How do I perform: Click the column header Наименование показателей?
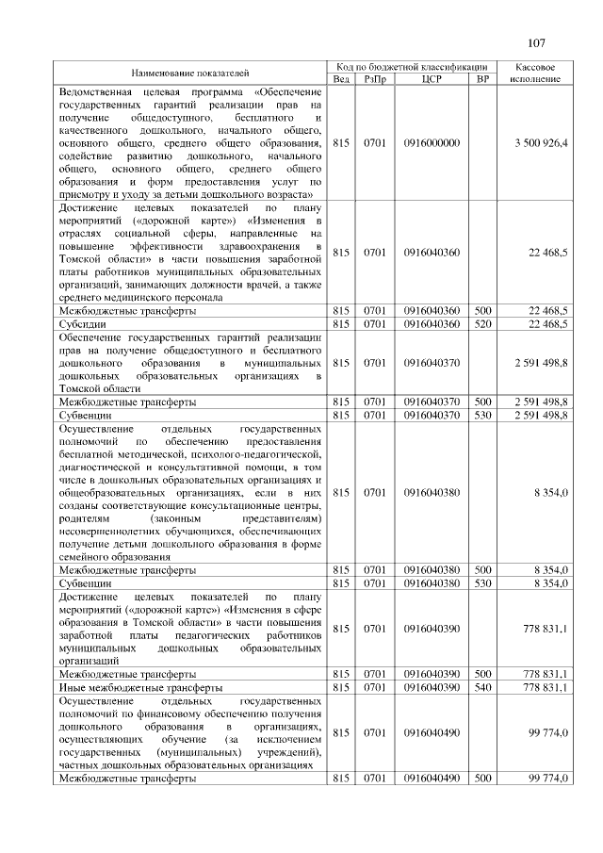(184, 72)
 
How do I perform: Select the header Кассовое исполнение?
(535, 72)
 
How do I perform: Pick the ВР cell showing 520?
(482, 323)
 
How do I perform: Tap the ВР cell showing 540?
(482, 689)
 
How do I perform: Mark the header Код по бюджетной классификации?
(412, 66)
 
